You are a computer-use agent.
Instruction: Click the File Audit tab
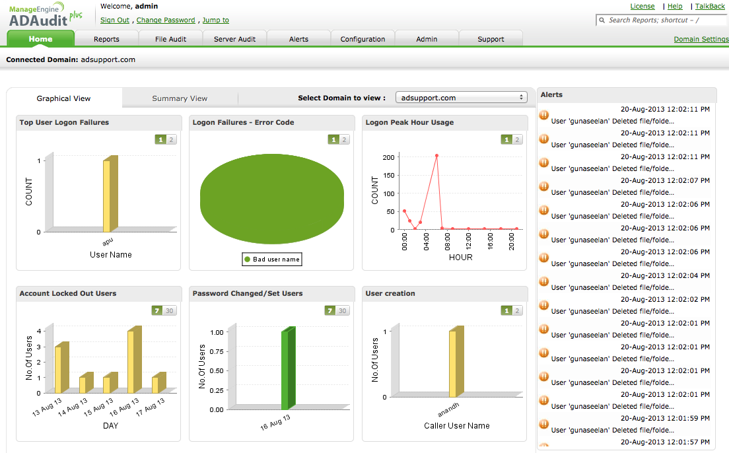[x=170, y=39]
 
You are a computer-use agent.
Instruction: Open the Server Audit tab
[x=234, y=39]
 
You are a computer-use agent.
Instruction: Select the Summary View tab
[x=180, y=98]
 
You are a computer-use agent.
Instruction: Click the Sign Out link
[x=115, y=20]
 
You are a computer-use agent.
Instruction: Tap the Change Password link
[x=166, y=20]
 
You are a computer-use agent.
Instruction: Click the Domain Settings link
[x=701, y=39]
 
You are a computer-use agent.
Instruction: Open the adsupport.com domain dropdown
[x=461, y=98]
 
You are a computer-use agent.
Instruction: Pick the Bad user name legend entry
[x=272, y=260]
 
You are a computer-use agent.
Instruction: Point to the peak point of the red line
[x=436, y=156]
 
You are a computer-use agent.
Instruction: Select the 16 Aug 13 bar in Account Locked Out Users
[x=131, y=361]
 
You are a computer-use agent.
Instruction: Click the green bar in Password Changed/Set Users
[x=285, y=370]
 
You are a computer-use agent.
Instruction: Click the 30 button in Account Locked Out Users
[x=170, y=311]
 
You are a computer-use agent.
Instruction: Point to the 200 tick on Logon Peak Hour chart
[x=388, y=157]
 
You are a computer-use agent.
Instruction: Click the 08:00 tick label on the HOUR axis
[x=446, y=241]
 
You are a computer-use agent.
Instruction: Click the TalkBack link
[x=710, y=6]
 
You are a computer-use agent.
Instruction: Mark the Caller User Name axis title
[x=457, y=426]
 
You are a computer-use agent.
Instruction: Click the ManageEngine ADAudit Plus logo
[x=46, y=15]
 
